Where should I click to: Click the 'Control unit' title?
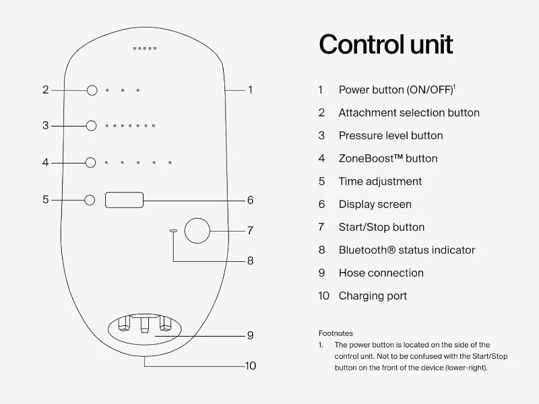click(385, 44)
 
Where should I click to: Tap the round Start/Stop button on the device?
click(197, 230)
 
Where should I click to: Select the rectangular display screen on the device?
click(124, 200)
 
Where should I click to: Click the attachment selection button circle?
click(92, 90)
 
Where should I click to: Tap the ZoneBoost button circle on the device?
click(92, 162)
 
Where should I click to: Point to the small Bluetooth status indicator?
click(173, 230)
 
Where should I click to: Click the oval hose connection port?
click(144, 327)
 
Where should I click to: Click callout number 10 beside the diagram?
click(250, 366)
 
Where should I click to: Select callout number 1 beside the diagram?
click(250, 90)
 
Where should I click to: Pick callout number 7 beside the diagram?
click(250, 230)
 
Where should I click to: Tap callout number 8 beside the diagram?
click(250, 261)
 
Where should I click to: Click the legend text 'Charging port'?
click(373, 296)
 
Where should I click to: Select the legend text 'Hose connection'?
click(381, 273)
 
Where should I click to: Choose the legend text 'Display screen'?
click(375, 204)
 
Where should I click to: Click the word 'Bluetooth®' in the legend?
click(367, 250)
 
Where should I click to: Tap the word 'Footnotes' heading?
click(336, 333)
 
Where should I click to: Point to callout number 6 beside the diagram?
click(250, 200)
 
